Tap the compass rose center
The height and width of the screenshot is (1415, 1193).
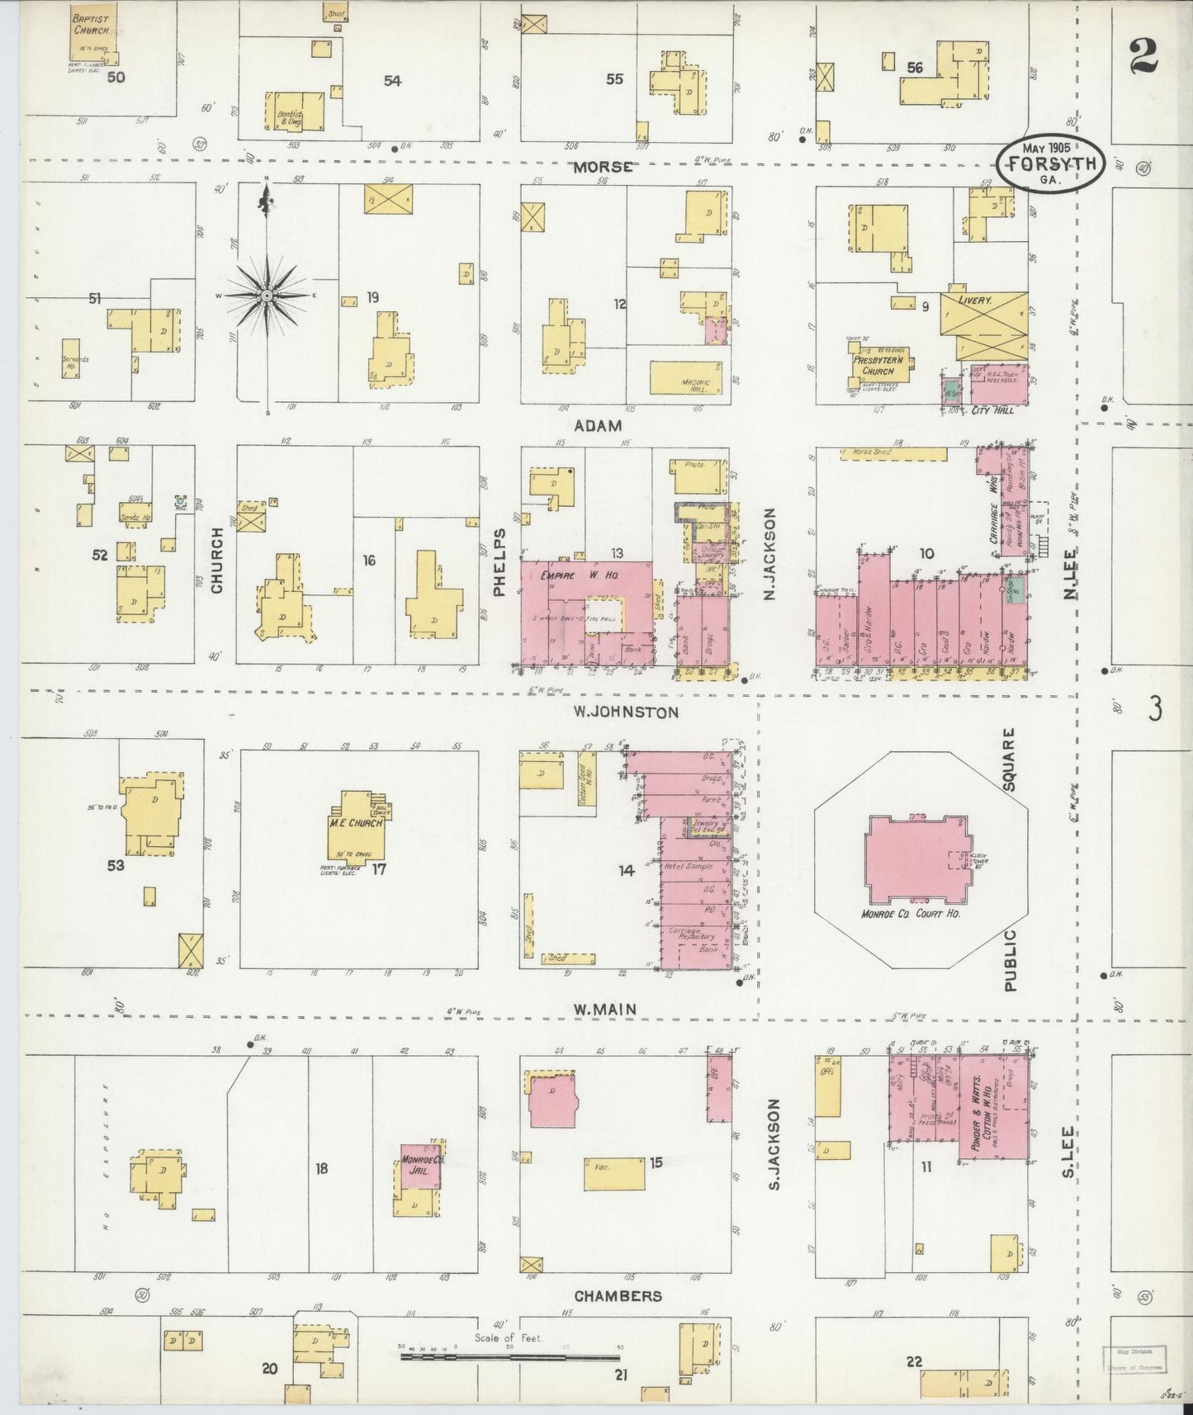267,295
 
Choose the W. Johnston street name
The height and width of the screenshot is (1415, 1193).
627,712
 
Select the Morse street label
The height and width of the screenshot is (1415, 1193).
604,167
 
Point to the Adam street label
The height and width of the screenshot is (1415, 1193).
599,425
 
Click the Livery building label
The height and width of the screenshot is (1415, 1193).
975,301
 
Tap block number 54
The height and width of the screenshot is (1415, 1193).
392,80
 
